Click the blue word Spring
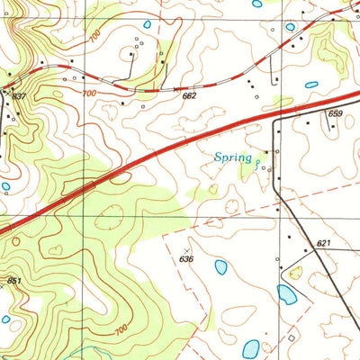[x=232, y=158]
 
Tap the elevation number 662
[x=189, y=95]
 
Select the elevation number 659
[x=335, y=113]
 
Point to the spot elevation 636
[x=186, y=259]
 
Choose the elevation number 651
[x=13, y=281]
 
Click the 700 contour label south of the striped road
[x=88, y=94]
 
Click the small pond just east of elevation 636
[x=220, y=266]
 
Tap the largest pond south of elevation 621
[x=287, y=294]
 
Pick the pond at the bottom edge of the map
[x=251, y=346]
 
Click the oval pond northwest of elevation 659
[x=311, y=85]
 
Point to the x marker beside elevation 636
[x=187, y=249]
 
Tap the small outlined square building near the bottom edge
[x=292, y=337]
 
